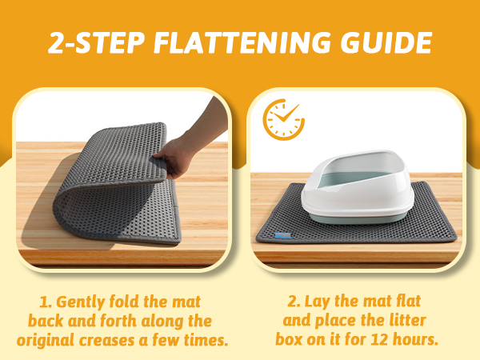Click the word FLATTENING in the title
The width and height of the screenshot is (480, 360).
tap(242, 43)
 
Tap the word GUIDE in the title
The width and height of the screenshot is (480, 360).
tap(386, 43)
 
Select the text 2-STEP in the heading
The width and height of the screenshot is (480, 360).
tap(96, 43)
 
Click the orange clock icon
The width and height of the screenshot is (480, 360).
tap(283, 119)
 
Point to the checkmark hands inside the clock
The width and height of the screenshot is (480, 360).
tap(286, 114)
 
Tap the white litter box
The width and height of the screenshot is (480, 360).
tap(358, 186)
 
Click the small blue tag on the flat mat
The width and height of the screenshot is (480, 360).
tap(283, 236)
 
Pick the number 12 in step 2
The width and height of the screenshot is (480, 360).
tap(379, 339)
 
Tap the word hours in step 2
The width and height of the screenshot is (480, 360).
tap(415, 339)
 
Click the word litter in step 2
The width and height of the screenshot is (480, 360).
tap(408, 320)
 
